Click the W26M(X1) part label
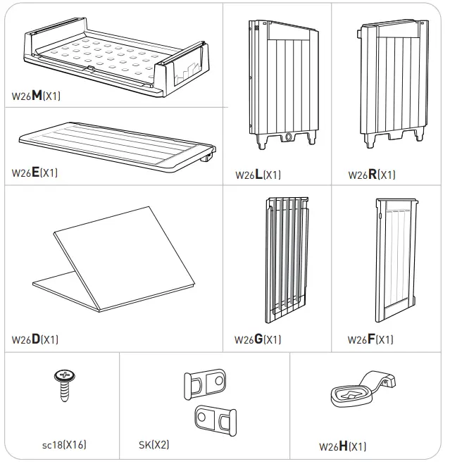(x=36, y=96)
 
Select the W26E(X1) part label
(x=35, y=173)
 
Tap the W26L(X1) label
(x=258, y=175)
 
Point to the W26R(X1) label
(x=371, y=175)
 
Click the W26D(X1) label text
(x=35, y=339)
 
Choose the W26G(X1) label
(x=258, y=339)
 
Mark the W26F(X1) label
(x=370, y=339)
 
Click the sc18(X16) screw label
(x=64, y=444)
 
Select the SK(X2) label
(x=154, y=444)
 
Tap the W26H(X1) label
(x=342, y=446)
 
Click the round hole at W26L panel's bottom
(x=288, y=137)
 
